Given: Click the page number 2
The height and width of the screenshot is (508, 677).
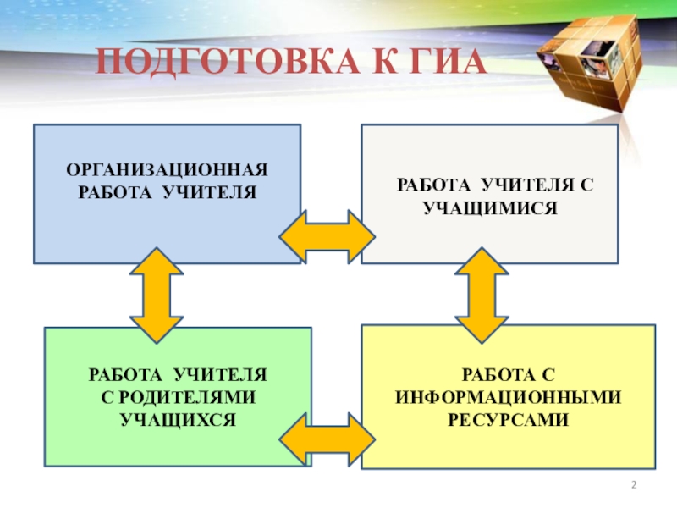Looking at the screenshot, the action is (633, 484).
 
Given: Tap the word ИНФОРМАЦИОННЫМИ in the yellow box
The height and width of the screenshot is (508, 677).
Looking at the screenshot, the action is (508, 396).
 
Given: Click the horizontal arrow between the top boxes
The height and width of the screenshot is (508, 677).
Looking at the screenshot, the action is (327, 235).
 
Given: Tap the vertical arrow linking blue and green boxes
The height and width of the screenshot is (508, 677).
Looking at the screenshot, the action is (157, 293).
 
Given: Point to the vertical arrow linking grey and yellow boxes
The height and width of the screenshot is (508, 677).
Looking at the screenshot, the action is (482, 293).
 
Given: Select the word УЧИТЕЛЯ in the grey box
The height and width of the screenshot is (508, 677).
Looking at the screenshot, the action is (525, 185).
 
